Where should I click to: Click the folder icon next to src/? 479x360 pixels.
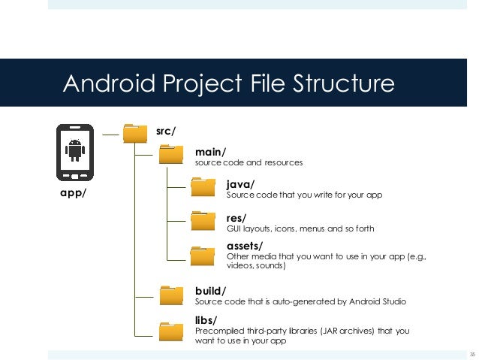click(x=135, y=133)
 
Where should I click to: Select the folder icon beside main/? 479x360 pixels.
click(x=171, y=156)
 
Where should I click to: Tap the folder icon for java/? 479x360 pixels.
click(x=203, y=187)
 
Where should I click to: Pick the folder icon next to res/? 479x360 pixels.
click(x=203, y=221)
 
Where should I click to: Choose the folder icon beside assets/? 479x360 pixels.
click(x=203, y=256)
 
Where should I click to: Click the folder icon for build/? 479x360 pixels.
click(x=171, y=295)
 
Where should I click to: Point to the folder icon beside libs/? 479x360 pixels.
click(x=171, y=331)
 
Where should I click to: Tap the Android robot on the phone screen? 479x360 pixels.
click(x=74, y=150)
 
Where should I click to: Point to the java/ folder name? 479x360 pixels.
click(x=240, y=183)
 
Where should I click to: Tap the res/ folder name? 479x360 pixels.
click(x=236, y=218)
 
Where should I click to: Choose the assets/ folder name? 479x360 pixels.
click(x=245, y=246)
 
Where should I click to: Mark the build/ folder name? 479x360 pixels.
click(x=210, y=290)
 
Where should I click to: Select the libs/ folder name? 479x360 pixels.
click(x=206, y=320)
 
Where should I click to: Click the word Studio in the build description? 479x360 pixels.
click(x=391, y=301)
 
